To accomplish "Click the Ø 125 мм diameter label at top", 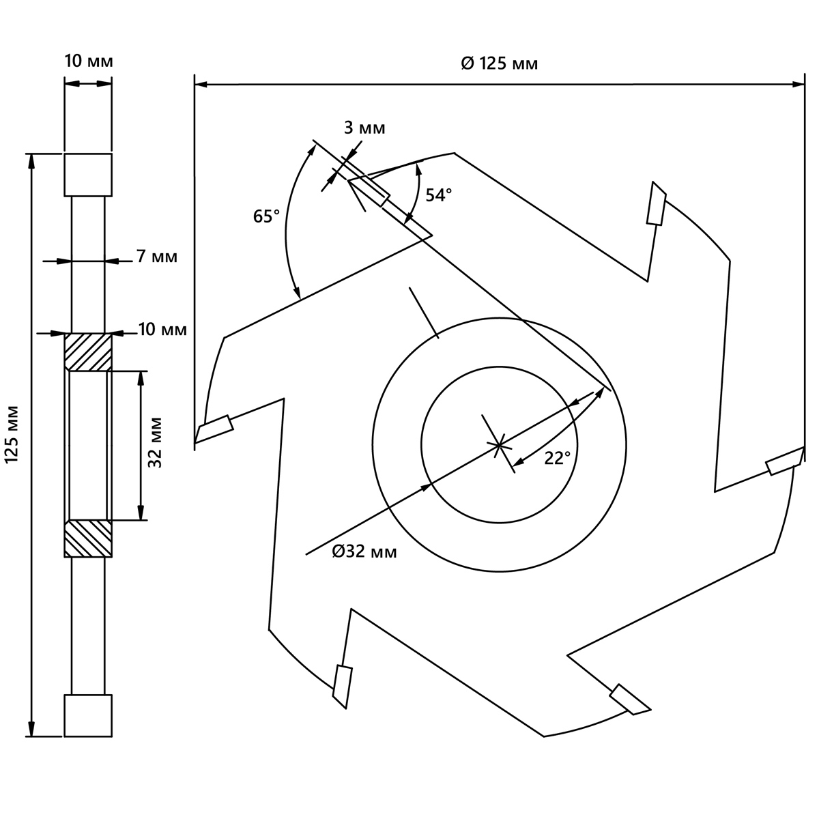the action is (499, 63).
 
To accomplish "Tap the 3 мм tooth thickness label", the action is (364, 128).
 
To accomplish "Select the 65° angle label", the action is (266, 216).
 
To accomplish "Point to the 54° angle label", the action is (439, 195).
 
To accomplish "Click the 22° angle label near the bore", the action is (558, 458).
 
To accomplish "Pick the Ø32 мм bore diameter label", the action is (364, 551).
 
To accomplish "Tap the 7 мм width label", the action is (157, 257).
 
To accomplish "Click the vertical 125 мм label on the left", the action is (13, 434).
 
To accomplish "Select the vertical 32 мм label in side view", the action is (156, 442).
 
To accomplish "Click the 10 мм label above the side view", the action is (89, 61).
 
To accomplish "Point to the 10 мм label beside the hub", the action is (163, 330).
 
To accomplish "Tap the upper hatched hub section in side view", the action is (88, 352).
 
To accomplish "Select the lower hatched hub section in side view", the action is (88, 538).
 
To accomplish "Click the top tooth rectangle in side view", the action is (88, 175).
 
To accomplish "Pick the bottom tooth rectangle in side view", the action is (88, 715).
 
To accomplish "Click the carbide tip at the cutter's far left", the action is (214, 429).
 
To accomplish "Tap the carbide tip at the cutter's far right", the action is (785, 461).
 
